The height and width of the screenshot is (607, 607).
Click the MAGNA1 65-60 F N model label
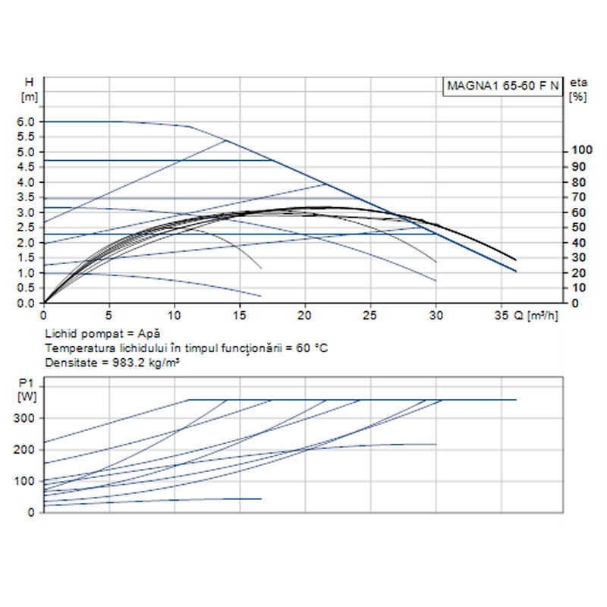502,86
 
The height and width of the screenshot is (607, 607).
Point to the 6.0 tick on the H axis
27,121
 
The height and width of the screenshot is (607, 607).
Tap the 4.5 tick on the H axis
27,167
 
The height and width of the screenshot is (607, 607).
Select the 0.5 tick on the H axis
27,288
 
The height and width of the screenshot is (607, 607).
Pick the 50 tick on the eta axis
577,227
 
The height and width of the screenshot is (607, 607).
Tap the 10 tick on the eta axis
577,288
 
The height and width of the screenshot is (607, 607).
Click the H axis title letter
30,82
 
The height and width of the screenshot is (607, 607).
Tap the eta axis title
578,82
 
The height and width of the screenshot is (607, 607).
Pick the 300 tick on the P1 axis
25,418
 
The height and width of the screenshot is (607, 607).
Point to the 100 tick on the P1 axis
25,481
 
